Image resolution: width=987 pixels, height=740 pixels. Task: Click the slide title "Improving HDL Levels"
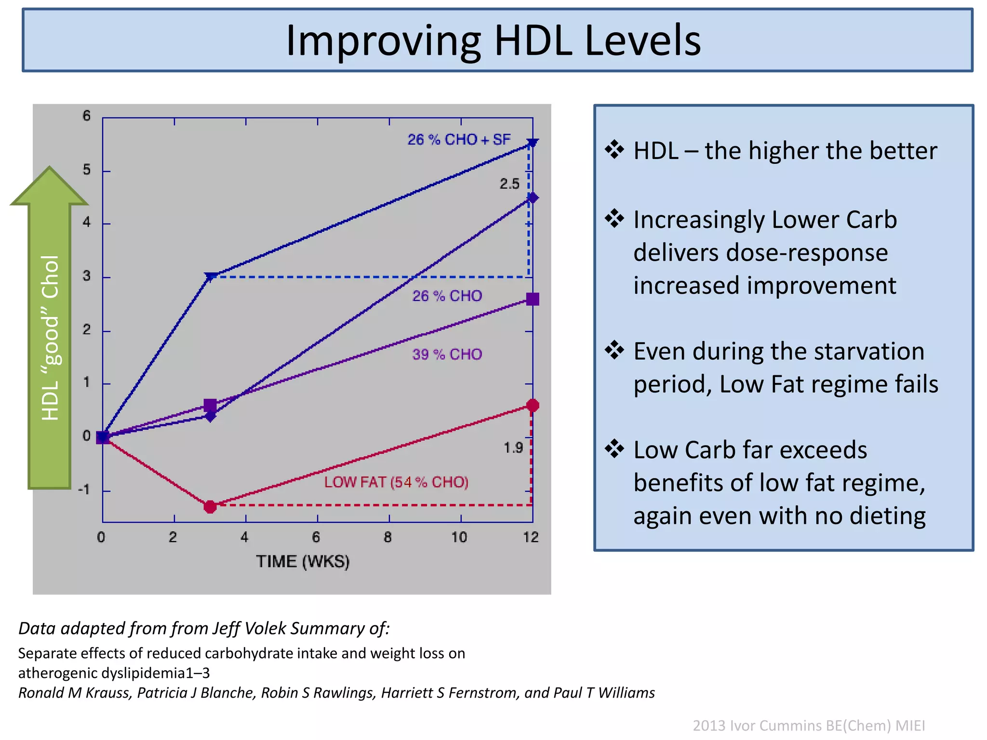493,40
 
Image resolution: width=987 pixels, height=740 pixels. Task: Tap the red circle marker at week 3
210,506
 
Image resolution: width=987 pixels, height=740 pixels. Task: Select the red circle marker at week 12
533,405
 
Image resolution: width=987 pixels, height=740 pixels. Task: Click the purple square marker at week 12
533,299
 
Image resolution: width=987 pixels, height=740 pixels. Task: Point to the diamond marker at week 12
533,198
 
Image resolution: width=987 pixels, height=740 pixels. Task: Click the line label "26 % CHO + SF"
459,140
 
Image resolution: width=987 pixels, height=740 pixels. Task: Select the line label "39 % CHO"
447,355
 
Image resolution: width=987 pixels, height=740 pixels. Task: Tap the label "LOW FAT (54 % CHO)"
396,482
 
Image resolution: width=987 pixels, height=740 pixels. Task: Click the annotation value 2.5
509,184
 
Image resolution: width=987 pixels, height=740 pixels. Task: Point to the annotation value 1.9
513,448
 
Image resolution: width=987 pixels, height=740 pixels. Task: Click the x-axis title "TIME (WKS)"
303,562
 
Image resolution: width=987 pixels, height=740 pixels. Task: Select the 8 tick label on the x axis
388,538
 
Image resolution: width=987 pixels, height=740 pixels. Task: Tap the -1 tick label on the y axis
84,490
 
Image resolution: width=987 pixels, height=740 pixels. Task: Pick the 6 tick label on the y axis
86,116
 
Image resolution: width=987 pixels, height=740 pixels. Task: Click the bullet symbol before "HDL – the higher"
614,149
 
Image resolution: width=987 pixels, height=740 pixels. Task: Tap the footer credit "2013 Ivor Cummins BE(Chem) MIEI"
809,725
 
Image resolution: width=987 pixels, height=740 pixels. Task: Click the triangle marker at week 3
211,277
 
